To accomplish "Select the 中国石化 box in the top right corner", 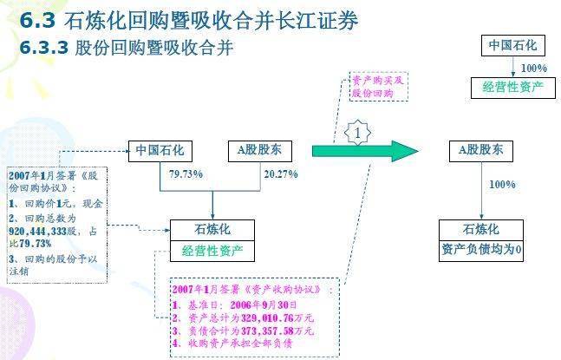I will click(x=513, y=45).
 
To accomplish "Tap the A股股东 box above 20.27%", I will click(x=259, y=150).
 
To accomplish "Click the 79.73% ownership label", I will click(x=186, y=174).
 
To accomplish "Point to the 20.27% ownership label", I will click(x=281, y=174).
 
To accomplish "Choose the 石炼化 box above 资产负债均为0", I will click(x=481, y=230).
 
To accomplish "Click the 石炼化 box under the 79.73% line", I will click(x=212, y=231).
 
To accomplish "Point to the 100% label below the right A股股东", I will click(x=502, y=185).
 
